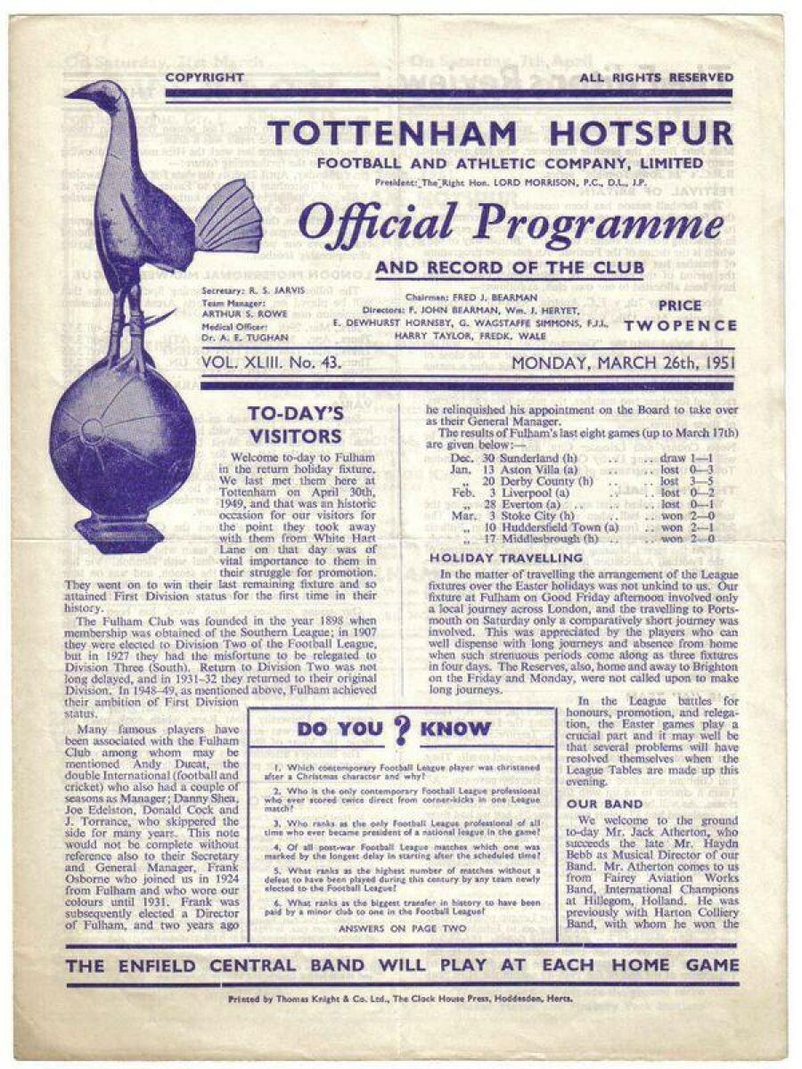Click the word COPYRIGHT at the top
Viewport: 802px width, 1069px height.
tap(204, 78)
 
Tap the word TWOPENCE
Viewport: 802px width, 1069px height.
tap(681, 326)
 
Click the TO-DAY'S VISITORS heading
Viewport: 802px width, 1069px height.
tap(295, 424)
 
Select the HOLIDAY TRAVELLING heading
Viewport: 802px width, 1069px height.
tap(506, 558)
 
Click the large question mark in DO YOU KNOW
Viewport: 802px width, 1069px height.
tap(402, 730)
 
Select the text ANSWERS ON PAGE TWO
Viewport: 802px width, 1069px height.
tap(401, 927)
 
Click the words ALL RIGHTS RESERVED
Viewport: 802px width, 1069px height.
tap(656, 78)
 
